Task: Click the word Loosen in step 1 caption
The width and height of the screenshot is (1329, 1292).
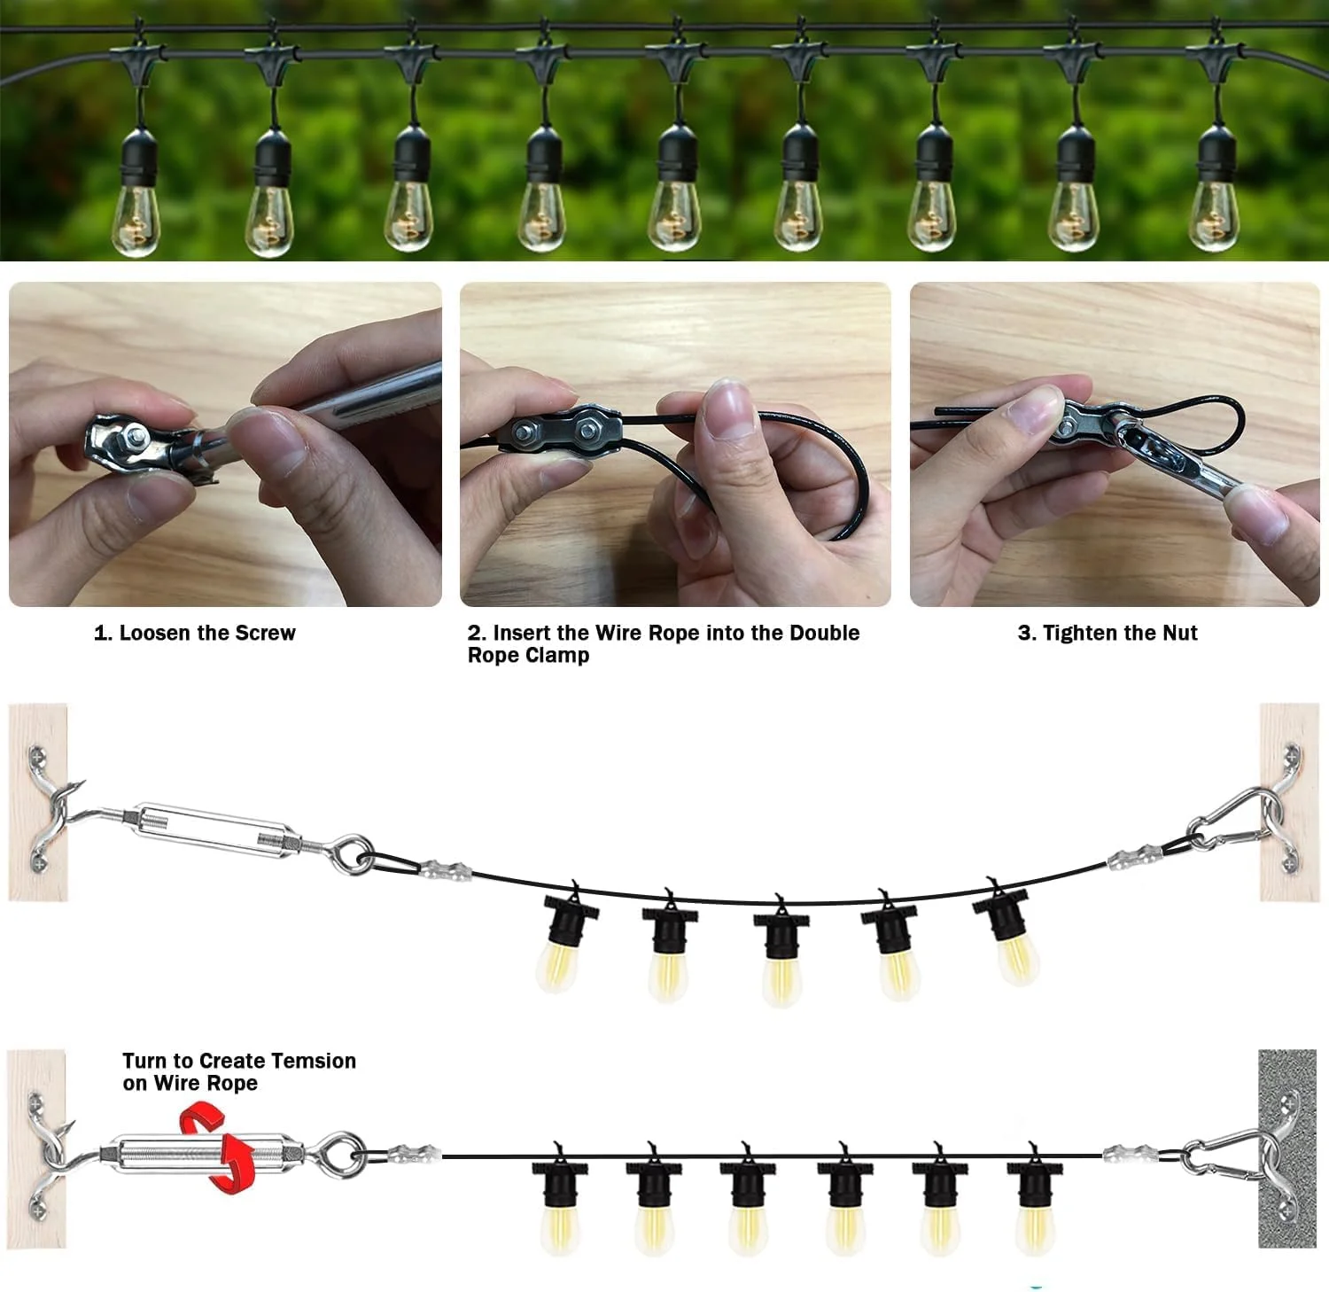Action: pos(155,633)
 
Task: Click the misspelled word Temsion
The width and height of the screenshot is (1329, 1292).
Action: pos(314,1061)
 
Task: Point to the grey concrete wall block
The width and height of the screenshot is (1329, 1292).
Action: pos(1288,1148)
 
